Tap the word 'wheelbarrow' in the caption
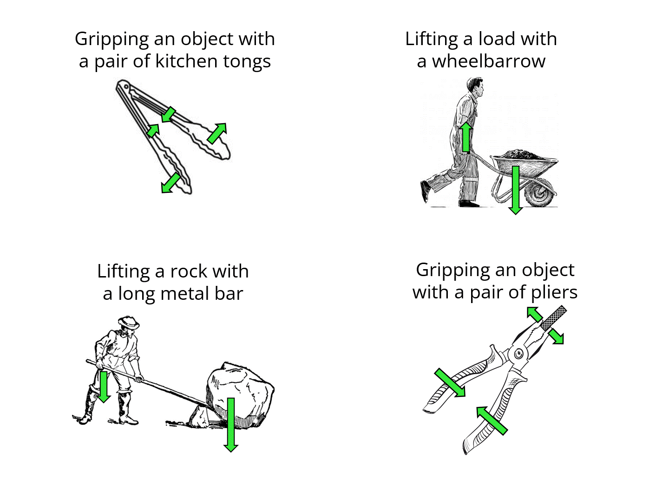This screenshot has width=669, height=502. (489, 61)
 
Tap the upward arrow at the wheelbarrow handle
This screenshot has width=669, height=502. (466, 137)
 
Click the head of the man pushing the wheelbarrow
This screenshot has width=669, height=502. (475, 86)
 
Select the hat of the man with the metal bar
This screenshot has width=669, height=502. (129, 321)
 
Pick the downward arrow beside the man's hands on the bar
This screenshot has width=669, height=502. (104, 386)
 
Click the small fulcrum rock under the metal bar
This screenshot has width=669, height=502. (200, 417)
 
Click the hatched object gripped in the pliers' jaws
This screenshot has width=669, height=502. (554, 318)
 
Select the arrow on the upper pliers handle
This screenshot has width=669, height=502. (450, 383)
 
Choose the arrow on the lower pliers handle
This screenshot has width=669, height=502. (492, 421)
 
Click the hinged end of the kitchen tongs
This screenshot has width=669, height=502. (124, 87)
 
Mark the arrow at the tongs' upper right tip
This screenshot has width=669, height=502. (217, 133)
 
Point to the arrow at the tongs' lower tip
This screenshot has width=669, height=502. (171, 183)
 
